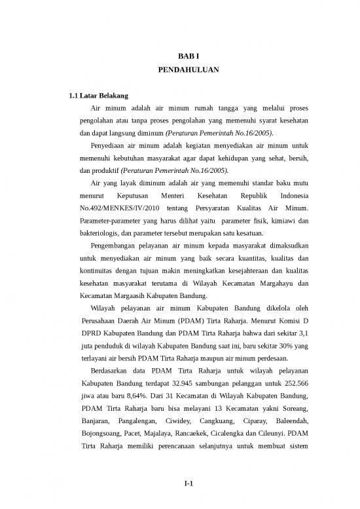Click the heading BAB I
coord(189,57)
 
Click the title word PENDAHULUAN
coord(189,69)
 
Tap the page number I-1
coord(189,483)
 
